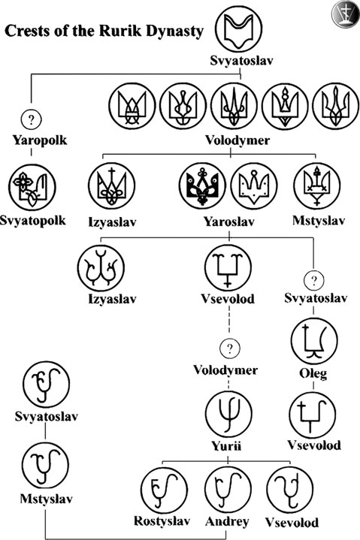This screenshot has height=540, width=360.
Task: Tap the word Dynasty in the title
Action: [x=174, y=32]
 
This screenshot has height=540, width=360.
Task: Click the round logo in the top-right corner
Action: [x=345, y=14]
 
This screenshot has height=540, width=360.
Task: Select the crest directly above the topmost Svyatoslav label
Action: [x=239, y=29]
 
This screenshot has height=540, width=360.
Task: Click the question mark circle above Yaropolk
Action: [x=32, y=119]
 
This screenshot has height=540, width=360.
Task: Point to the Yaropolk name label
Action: [x=40, y=140]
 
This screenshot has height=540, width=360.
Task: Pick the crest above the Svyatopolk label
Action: [x=32, y=187]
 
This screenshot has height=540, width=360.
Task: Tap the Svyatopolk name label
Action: [x=33, y=220]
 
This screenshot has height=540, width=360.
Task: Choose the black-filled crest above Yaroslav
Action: [x=203, y=186]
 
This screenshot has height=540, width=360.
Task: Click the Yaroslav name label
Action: [x=228, y=222]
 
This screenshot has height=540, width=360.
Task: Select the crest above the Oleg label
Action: [x=314, y=340]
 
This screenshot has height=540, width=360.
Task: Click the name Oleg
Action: [x=313, y=373]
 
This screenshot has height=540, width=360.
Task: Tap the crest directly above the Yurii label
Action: [x=228, y=415]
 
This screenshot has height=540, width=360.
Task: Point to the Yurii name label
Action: [x=226, y=446]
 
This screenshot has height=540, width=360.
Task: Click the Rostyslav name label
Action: [x=162, y=521]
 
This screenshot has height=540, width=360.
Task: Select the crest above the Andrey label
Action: [x=228, y=490]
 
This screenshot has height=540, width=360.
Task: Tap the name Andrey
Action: [x=227, y=522]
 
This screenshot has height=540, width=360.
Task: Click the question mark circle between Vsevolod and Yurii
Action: [x=230, y=348]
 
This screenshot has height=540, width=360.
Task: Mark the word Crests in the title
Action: [x=27, y=31]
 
